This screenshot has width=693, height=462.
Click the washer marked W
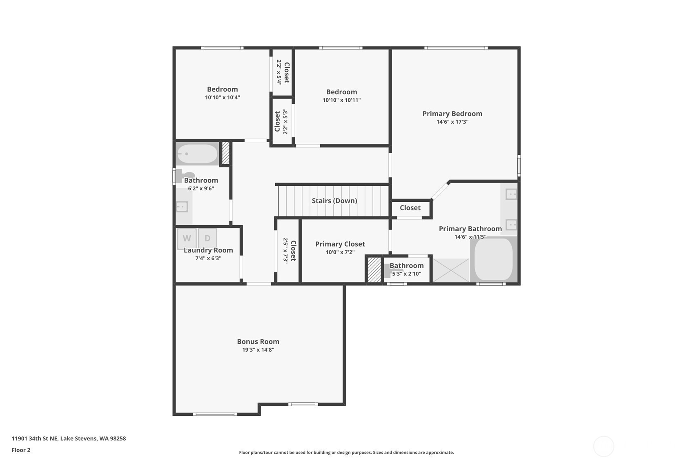click(187, 238)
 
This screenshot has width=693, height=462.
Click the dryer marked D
click(207, 238)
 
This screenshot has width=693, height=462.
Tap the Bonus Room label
click(258, 341)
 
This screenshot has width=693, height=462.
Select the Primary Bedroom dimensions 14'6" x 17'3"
click(452, 122)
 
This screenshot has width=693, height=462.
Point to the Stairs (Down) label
click(334, 201)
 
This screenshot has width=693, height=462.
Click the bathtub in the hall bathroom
click(197, 154)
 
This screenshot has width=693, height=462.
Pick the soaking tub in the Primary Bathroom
click(493, 259)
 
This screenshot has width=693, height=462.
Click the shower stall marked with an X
click(451, 270)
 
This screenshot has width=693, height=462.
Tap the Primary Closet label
click(340, 244)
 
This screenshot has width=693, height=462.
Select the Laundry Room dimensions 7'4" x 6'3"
click(208, 259)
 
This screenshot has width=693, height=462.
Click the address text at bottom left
click(69, 438)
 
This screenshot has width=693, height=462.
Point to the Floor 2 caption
click(21, 450)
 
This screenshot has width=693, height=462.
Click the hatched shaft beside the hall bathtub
click(226, 153)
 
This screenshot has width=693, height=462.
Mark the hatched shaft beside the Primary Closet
click(374, 270)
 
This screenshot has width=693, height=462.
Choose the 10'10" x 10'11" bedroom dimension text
click(341, 100)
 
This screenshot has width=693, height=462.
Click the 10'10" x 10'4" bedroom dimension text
click(223, 98)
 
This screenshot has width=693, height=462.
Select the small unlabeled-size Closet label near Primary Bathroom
click(410, 208)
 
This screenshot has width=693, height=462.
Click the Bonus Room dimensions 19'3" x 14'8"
click(258, 350)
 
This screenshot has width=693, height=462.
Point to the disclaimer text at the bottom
click(346, 453)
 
